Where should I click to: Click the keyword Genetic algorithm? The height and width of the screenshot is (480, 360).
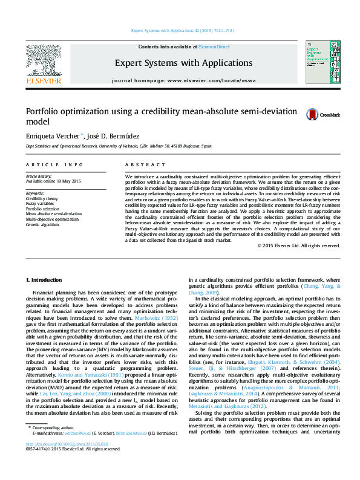pyautogui.click(x=42, y=224)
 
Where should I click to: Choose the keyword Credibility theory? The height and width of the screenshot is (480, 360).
pyautogui.click(x=42, y=198)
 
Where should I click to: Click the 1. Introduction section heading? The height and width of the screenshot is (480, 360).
pyautogui.click(x=46, y=280)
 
